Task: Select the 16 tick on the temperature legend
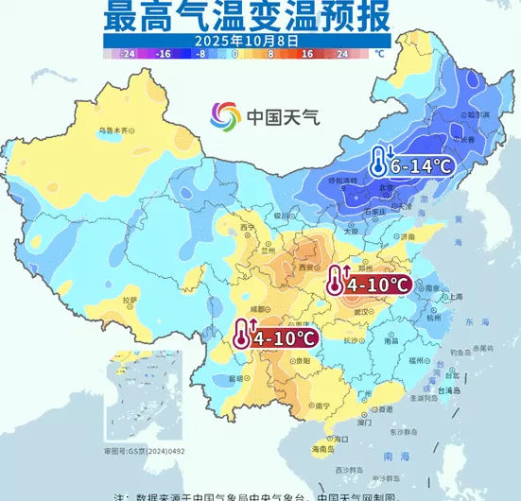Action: pos(307,55)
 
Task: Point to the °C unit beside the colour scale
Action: pos(380,55)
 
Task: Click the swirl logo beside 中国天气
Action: pos(225,117)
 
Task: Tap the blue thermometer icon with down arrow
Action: pos(379,163)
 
